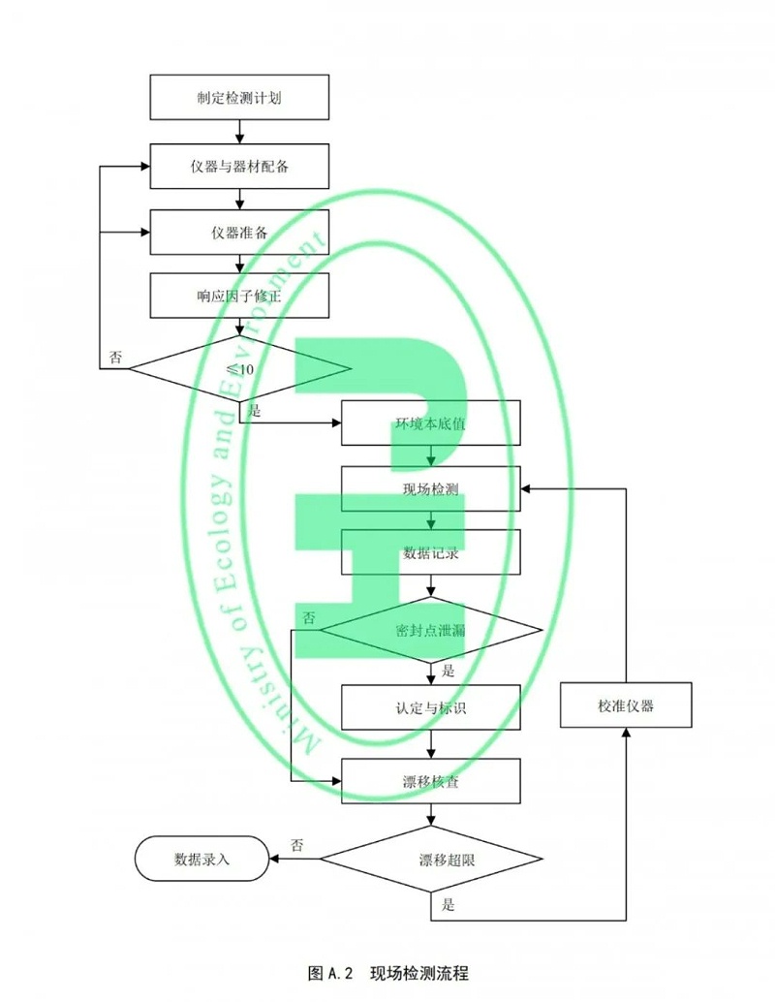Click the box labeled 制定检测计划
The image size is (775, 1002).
click(x=238, y=99)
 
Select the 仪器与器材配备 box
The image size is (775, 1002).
click(x=238, y=166)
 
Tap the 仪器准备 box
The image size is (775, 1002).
click(x=238, y=233)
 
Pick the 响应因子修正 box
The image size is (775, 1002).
click(x=238, y=296)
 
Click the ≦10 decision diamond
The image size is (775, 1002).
click(x=239, y=369)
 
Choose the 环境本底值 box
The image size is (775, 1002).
click(x=431, y=423)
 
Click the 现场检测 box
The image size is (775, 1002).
click(x=431, y=489)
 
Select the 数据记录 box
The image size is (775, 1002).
click(x=431, y=554)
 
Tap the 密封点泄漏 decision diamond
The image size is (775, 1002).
click(x=431, y=630)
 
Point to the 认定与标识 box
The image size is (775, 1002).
click(x=431, y=706)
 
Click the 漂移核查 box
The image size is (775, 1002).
click(x=431, y=781)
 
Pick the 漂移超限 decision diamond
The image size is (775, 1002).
click(x=431, y=860)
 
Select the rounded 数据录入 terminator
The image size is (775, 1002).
click(x=201, y=859)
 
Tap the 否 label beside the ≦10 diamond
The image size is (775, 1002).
click(x=115, y=358)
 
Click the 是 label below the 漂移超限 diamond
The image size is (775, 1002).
click(x=448, y=906)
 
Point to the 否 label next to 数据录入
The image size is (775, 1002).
click(x=296, y=845)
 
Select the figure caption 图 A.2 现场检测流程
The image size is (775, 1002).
click(x=387, y=972)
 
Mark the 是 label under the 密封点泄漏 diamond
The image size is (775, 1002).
click(x=448, y=671)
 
